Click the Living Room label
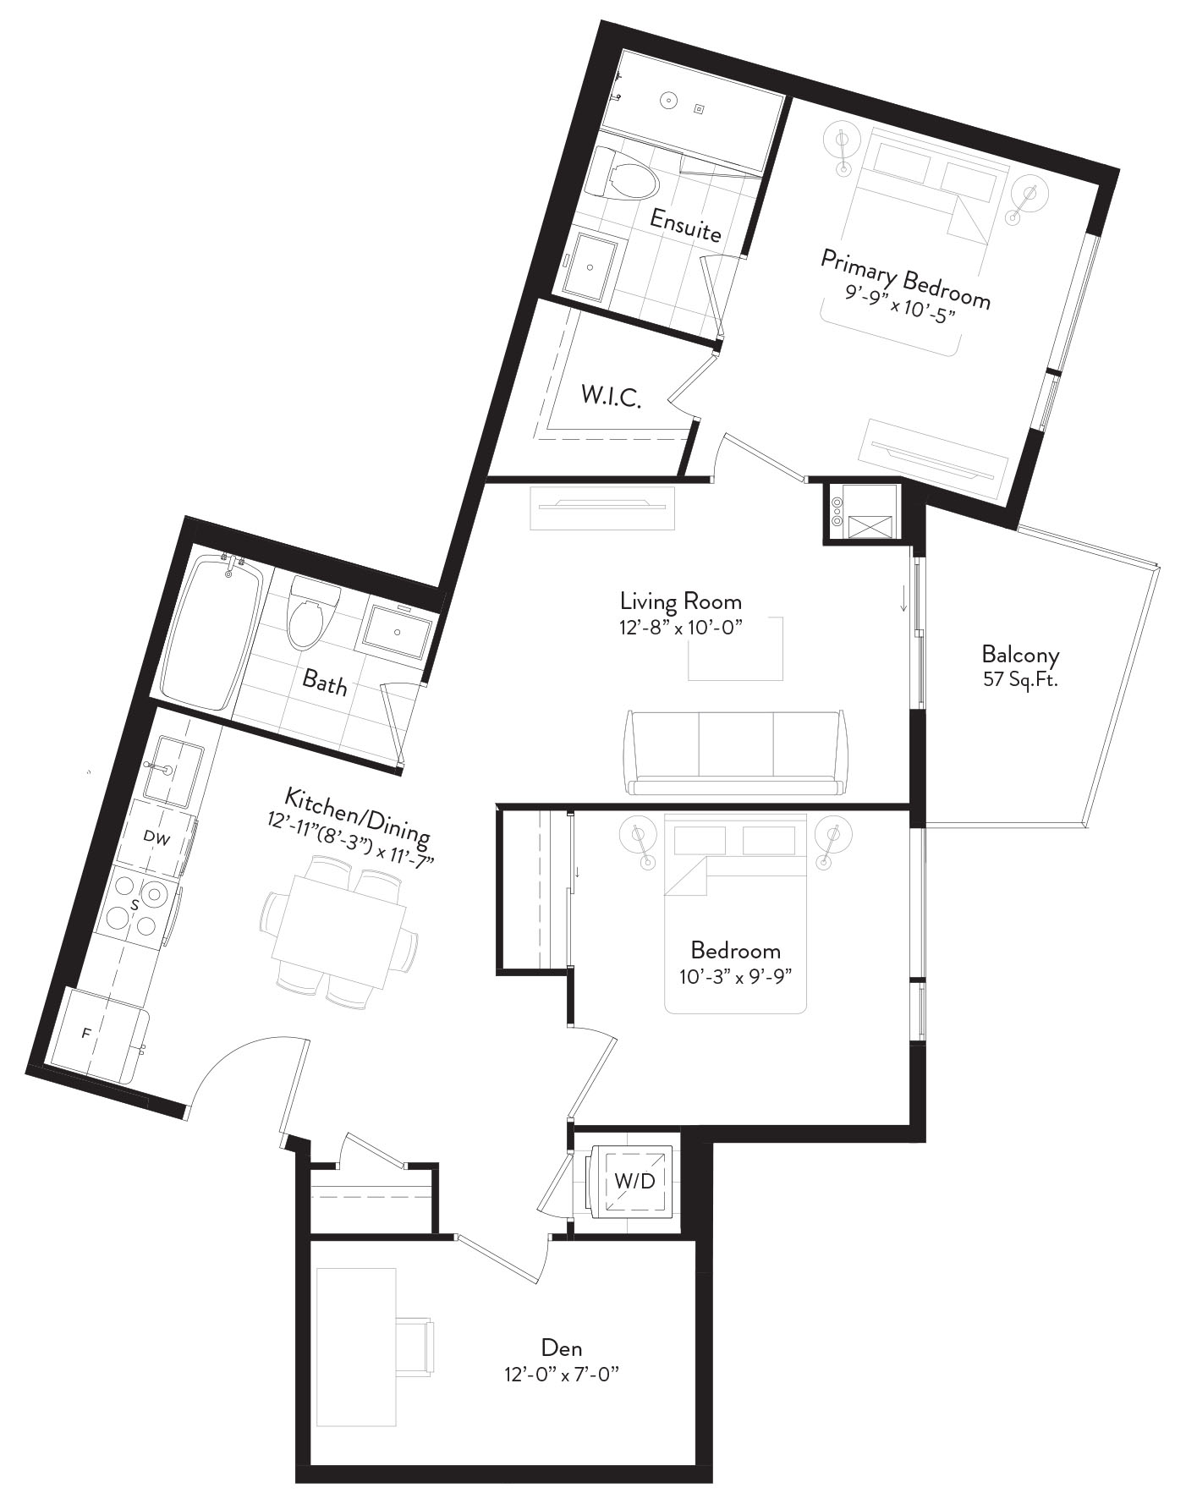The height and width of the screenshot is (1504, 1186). (680, 601)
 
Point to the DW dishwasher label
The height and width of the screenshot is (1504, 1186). (156, 838)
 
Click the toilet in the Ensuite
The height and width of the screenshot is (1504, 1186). (624, 176)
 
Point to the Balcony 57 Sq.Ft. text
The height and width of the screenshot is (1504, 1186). (1020, 666)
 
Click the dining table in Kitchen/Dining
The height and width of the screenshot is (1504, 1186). (338, 929)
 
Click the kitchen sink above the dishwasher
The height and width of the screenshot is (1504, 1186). (173, 770)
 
